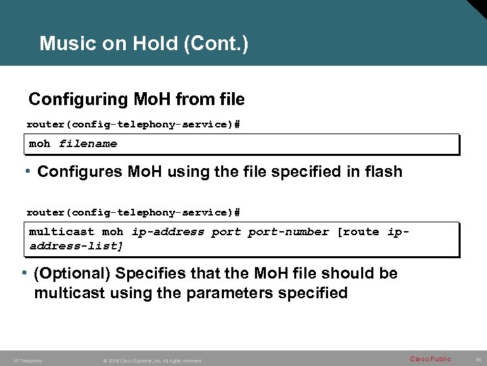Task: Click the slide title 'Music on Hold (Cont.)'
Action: point(144,45)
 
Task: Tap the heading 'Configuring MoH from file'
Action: point(136,100)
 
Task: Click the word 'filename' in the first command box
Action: point(88,144)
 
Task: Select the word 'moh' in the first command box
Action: point(40,144)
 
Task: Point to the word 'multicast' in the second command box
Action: point(62,232)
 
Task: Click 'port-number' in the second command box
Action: point(288,232)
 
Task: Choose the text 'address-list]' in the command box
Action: point(76,245)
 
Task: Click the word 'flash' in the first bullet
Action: point(382,172)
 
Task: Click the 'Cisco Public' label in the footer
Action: point(430,359)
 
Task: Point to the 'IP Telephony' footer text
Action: point(28,361)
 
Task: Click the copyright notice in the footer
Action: point(153,361)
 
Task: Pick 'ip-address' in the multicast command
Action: point(168,232)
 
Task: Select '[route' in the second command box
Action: point(358,232)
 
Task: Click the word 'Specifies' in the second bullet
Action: point(148,274)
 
